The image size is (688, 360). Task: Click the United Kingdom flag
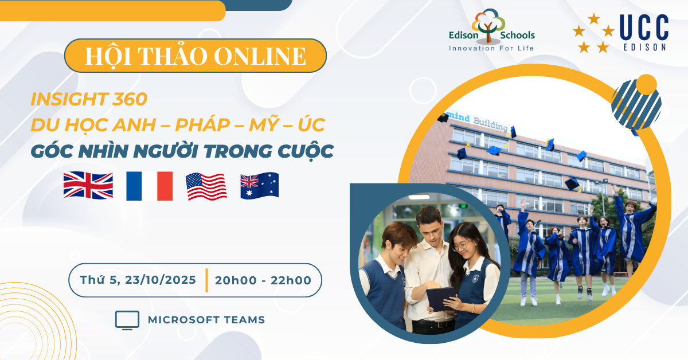[88, 185]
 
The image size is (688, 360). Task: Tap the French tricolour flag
[149, 186]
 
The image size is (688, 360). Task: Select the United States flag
[206, 186]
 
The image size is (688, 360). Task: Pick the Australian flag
[260, 186]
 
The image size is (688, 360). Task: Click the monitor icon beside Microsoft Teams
[127, 320]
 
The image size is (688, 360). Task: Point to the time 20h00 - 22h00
[263, 280]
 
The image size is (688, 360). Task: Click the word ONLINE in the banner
[260, 56]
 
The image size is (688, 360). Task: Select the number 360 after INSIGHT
[130, 99]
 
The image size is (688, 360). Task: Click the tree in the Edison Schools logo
[488, 26]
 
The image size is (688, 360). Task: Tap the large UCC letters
[644, 28]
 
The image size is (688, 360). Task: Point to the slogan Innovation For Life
[491, 48]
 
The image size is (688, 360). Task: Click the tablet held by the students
[440, 298]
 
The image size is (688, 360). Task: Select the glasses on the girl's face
[462, 246]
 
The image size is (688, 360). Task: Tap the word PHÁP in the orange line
[202, 125]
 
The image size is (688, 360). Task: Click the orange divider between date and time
[207, 280]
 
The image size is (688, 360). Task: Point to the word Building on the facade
[491, 124]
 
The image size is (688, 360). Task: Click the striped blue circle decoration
[636, 104]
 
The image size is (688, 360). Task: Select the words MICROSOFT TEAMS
[206, 320]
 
